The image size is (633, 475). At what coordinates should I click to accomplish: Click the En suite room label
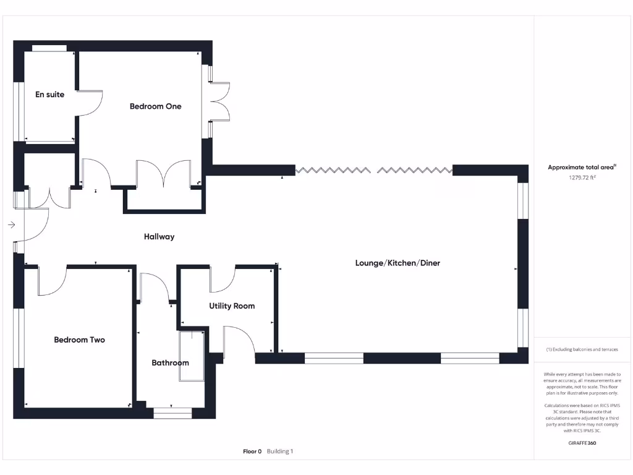(x=49, y=95)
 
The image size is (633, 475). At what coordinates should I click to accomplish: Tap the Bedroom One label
(x=155, y=106)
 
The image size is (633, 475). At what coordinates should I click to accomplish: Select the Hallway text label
(x=159, y=237)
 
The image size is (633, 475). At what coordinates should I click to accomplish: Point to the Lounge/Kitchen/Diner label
(x=397, y=263)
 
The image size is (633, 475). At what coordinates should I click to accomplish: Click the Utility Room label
(x=232, y=306)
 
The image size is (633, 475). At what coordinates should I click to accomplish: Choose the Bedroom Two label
(x=79, y=340)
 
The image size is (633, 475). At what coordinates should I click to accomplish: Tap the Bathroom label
(x=170, y=363)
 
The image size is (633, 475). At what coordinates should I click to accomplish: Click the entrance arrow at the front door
(x=11, y=225)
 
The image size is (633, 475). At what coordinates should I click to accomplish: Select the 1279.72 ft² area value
(x=582, y=178)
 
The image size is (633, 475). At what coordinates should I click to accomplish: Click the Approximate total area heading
(x=581, y=168)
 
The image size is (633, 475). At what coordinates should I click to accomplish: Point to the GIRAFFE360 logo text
(x=582, y=443)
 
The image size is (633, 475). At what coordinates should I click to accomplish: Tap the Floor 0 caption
(x=252, y=451)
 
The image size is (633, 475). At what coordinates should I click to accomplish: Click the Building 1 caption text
(x=280, y=451)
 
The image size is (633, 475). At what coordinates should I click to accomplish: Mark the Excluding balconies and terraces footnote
(x=582, y=349)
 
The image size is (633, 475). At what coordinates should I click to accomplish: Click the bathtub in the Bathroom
(x=192, y=356)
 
